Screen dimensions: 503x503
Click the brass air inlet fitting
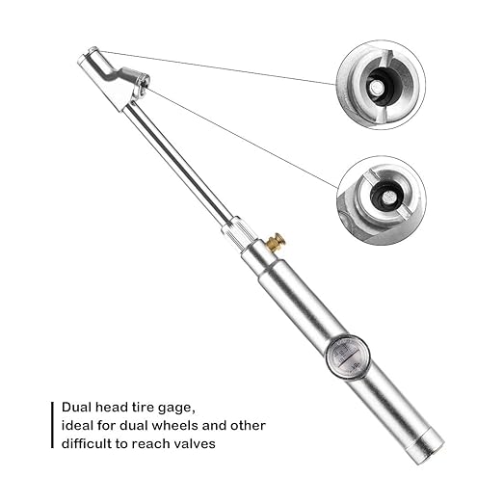point(278,241)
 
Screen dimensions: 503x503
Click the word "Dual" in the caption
point(77,407)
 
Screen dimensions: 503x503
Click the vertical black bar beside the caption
point(52,425)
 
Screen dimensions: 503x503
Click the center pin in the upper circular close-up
point(375,88)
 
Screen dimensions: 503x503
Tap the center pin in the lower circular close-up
point(389,196)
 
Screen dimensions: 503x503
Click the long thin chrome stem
point(178,160)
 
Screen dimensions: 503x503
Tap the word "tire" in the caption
point(143,407)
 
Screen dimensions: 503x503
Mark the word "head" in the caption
point(112,407)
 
